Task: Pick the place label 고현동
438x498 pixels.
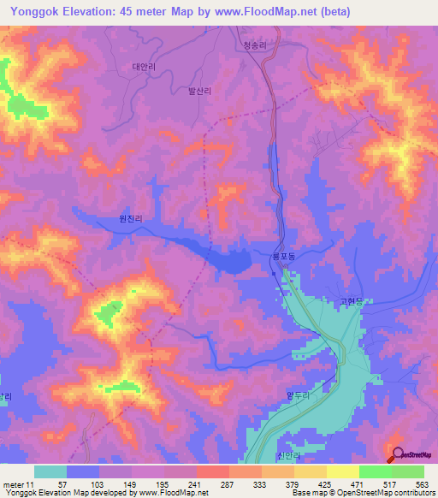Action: click(351, 301)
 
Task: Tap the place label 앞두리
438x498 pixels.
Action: click(296, 395)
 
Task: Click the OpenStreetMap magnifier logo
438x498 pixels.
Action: click(397, 455)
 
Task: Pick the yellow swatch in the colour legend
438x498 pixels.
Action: click(342, 471)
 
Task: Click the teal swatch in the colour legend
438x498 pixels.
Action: click(50, 471)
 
